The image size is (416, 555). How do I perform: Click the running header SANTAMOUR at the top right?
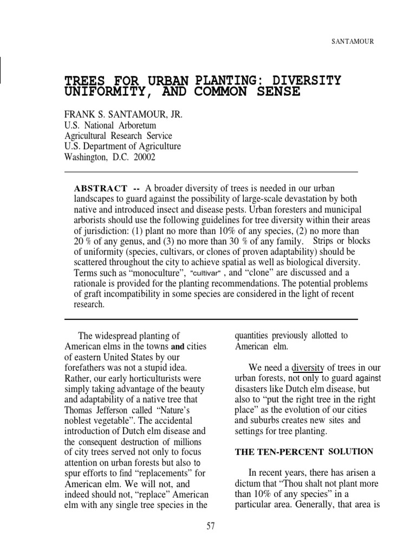(x=352, y=41)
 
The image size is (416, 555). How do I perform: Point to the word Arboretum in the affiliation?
(x=135, y=126)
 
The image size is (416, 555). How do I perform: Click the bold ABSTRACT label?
(x=101, y=189)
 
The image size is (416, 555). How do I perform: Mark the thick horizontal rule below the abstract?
(x=211, y=319)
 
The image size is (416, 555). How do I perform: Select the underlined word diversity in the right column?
(x=308, y=368)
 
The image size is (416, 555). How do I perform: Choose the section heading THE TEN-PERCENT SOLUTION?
(x=304, y=452)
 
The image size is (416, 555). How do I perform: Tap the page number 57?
(x=211, y=526)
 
